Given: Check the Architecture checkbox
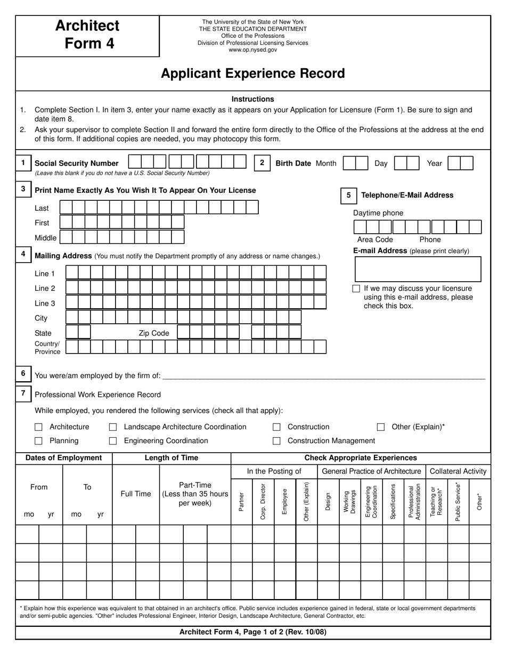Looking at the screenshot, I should tap(38, 427).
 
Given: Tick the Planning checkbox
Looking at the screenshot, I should tap(38, 441).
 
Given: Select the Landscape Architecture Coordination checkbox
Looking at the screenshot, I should tap(113, 427).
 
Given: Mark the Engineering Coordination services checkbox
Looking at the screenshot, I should tap(113, 441).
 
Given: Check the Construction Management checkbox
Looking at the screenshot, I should tap(276, 441).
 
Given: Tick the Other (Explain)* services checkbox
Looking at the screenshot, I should tap(381, 427).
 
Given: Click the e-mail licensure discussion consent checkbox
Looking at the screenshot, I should tap(356, 289).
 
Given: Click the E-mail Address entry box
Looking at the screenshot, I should tap(418, 269).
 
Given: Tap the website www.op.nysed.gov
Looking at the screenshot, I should tap(253, 50).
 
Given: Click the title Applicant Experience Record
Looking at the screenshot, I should tap(253, 73).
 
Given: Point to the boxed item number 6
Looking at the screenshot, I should tap(23, 374).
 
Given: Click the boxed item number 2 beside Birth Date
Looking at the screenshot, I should tap(262, 163).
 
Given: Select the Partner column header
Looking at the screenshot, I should tap(241, 502).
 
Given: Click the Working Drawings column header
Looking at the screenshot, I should tap(350, 502).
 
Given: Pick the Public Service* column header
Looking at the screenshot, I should tap(458, 502).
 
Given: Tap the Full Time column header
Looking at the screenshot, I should tap(136, 494).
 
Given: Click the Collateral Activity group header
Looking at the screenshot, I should tap(458, 471).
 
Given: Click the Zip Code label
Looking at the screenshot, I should tap(154, 333).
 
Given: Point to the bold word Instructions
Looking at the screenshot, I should tap(253, 99).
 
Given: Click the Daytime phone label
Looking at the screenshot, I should tap(378, 213).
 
